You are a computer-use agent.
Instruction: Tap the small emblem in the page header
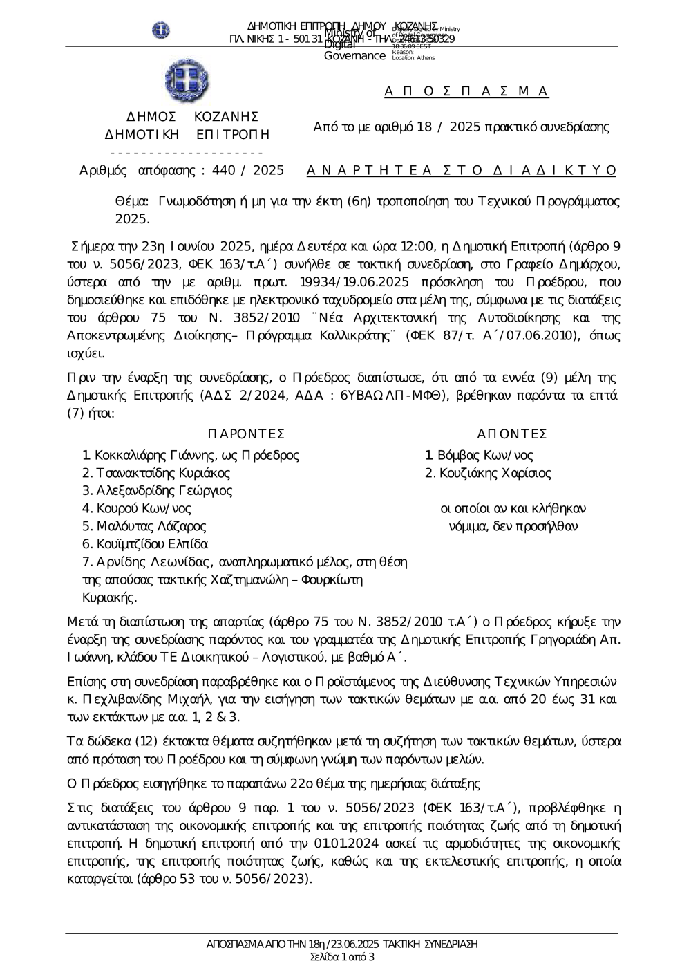pyautogui.click(x=161, y=30)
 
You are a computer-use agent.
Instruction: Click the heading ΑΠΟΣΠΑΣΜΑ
pyautogui.click(x=466, y=91)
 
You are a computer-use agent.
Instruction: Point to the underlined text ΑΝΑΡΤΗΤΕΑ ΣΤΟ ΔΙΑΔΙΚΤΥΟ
pyautogui.click(x=461, y=171)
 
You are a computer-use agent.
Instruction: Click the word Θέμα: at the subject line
pyautogui.click(x=131, y=202)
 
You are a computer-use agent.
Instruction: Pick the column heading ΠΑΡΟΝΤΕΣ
pyautogui.click(x=246, y=434)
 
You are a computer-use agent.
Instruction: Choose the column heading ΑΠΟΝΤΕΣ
pyautogui.click(x=512, y=434)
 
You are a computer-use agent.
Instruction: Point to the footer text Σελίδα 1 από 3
pyautogui.click(x=343, y=958)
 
